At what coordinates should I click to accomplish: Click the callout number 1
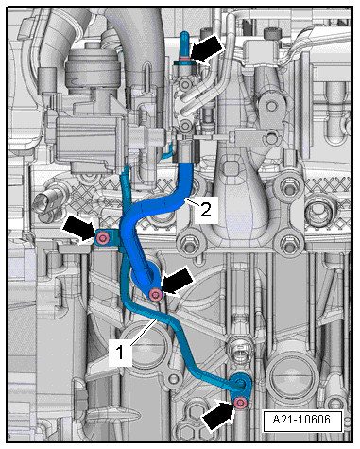120,353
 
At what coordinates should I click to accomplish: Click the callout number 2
206,210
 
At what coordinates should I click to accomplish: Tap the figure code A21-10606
301,420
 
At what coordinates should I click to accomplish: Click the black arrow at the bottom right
219,414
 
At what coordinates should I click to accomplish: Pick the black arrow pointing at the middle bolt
178,282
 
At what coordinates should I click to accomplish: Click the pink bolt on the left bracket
102,238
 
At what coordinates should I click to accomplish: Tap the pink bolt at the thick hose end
156,294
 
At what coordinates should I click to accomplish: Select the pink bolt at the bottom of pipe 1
241,403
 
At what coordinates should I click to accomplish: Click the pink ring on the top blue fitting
184,58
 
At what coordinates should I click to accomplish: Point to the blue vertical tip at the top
184,43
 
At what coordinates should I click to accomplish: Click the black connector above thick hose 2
187,151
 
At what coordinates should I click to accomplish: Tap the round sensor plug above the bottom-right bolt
241,351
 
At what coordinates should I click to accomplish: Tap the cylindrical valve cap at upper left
94,63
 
